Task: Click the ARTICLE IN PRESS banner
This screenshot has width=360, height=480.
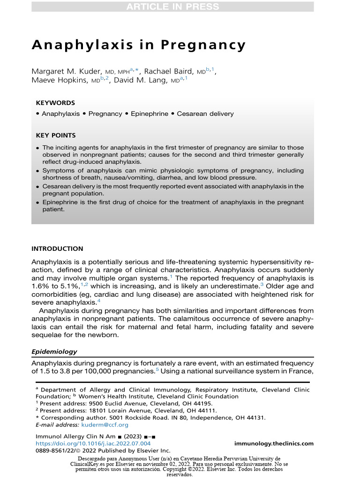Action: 180,7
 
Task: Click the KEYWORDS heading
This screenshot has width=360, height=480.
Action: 55,103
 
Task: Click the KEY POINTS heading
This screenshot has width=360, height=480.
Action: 56,135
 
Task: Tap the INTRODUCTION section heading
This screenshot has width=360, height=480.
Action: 57,249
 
